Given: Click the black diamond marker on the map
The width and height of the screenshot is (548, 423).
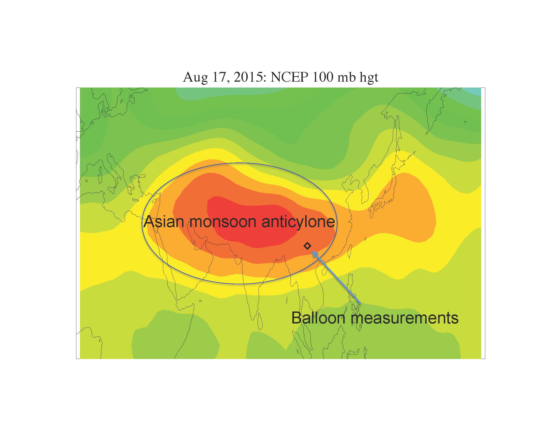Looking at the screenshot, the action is tap(307, 246).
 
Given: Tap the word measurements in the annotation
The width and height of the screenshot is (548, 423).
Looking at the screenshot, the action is tap(404, 318).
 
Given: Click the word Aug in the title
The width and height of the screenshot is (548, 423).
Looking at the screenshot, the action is tap(195, 77).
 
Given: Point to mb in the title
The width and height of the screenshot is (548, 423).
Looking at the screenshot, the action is tap(346, 77).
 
